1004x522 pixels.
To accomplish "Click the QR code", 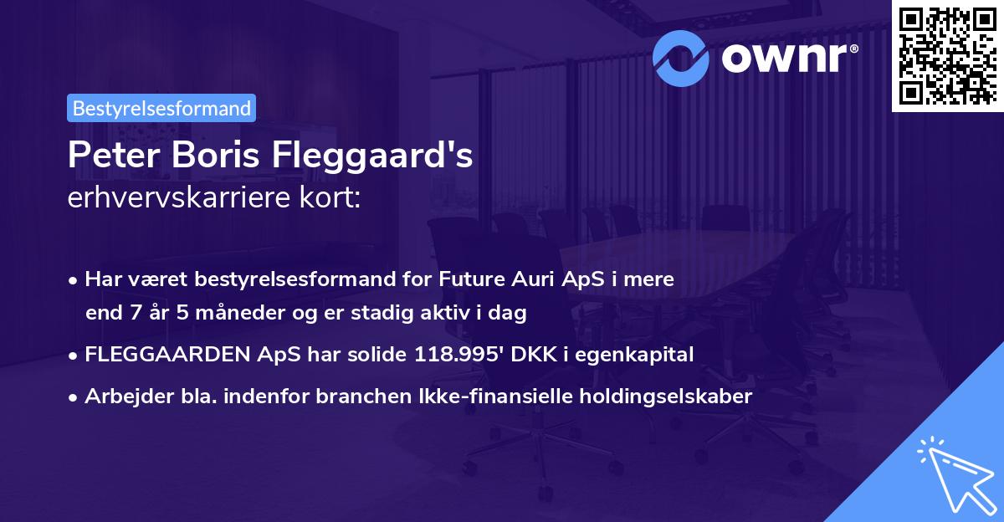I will click(947, 55).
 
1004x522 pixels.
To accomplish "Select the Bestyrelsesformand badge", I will click(161, 108).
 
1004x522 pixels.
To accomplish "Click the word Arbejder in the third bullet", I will click(124, 396).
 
